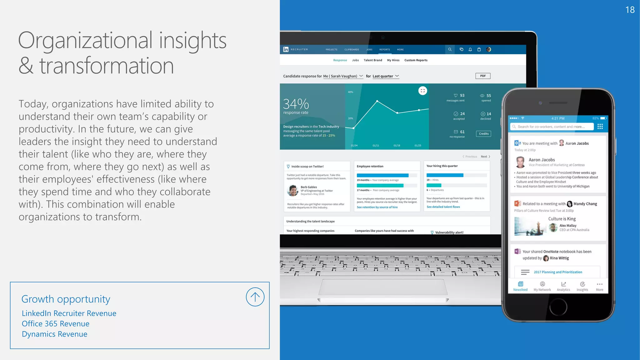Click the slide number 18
(630, 10)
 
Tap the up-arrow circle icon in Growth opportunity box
(255, 297)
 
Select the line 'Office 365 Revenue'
(56, 324)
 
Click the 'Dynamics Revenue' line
(55, 334)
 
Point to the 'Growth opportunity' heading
(66, 299)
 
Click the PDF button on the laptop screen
(483, 76)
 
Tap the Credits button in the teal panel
(483, 134)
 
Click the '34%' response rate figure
(296, 104)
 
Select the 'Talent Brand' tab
(373, 60)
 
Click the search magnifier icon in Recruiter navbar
(450, 49)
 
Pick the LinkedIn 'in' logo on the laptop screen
(286, 49)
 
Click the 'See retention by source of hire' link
(377, 207)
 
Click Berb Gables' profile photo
(293, 190)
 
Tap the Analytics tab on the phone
(563, 286)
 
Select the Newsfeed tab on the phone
(520, 286)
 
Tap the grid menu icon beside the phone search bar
(600, 127)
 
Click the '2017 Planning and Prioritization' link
(558, 272)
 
